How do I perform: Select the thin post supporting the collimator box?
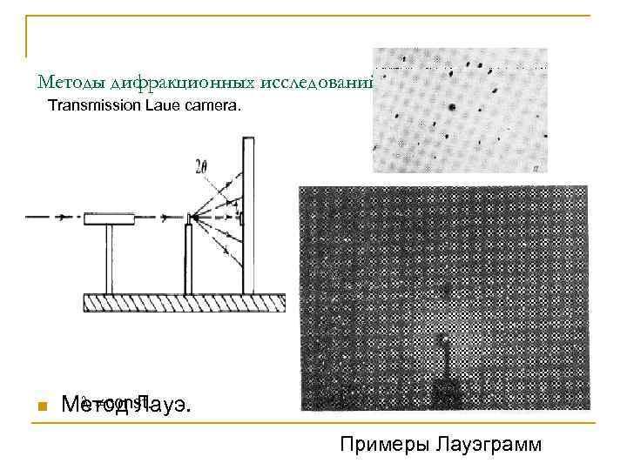point(108,259)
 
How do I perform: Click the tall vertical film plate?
point(247,218)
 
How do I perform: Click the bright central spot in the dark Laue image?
point(445,339)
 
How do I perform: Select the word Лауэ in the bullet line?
point(165,405)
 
